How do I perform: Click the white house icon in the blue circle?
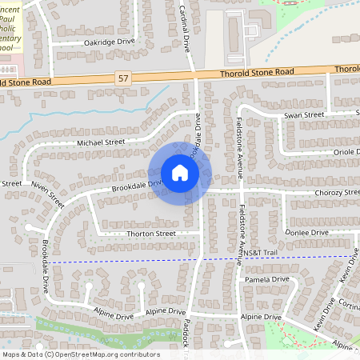pos(180,173)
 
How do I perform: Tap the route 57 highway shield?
pos(122,78)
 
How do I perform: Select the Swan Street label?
pos(304,115)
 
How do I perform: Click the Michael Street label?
pos(102,142)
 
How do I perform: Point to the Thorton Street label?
pos(150,234)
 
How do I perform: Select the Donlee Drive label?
pos(307,232)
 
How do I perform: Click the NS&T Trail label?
pos(259,253)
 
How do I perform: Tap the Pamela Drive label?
pos(267,280)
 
